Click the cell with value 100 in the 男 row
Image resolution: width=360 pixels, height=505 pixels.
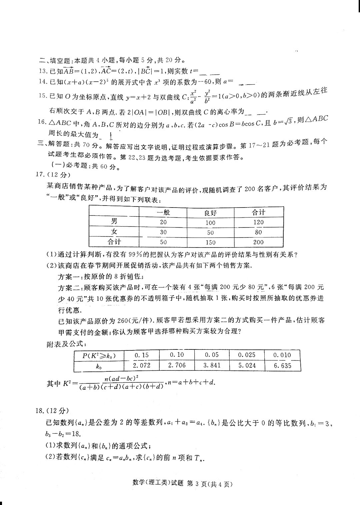[x=210, y=222]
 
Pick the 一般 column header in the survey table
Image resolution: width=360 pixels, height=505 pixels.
[x=163, y=213]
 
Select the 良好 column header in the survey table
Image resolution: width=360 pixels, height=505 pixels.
[x=210, y=213]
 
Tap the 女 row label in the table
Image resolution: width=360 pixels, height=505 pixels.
[x=114, y=232]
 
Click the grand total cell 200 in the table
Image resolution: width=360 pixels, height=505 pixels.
[x=258, y=242]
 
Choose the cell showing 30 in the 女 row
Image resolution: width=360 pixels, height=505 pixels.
[x=163, y=232]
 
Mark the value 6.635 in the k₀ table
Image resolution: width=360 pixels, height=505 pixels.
[x=282, y=365]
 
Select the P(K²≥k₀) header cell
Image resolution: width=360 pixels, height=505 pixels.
[x=99, y=355]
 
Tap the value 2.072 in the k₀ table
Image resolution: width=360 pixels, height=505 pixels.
[x=141, y=365]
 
